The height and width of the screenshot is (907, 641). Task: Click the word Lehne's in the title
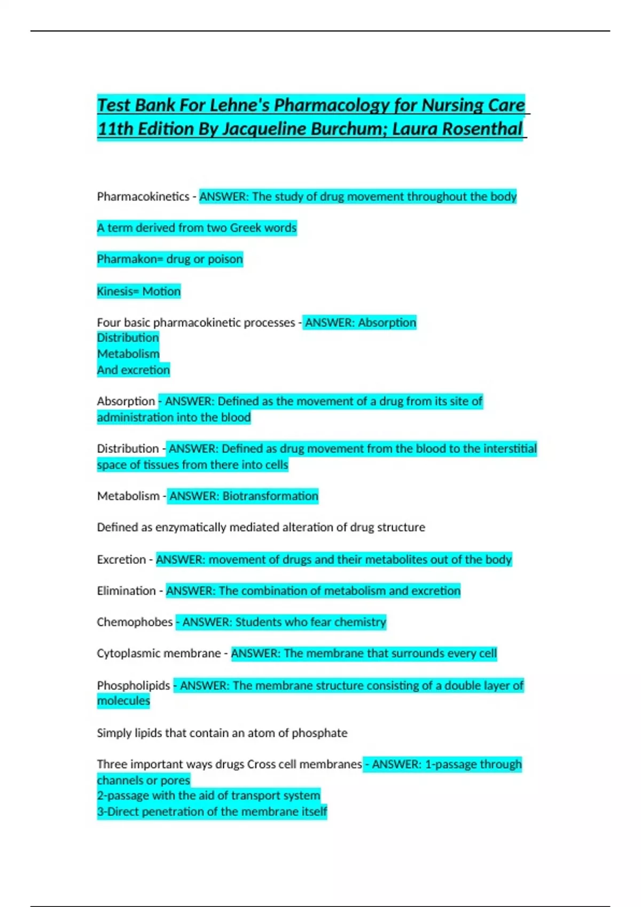[240, 105]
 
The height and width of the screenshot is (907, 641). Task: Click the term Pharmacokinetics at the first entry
[143, 197]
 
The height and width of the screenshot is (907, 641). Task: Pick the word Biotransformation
[270, 496]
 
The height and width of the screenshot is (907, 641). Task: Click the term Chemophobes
[135, 622]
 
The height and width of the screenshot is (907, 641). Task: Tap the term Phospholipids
[134, 686]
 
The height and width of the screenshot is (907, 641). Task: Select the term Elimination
[126, 591]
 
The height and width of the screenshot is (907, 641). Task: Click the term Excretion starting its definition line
[121, 560]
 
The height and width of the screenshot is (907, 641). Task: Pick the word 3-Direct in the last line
[118, 812]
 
